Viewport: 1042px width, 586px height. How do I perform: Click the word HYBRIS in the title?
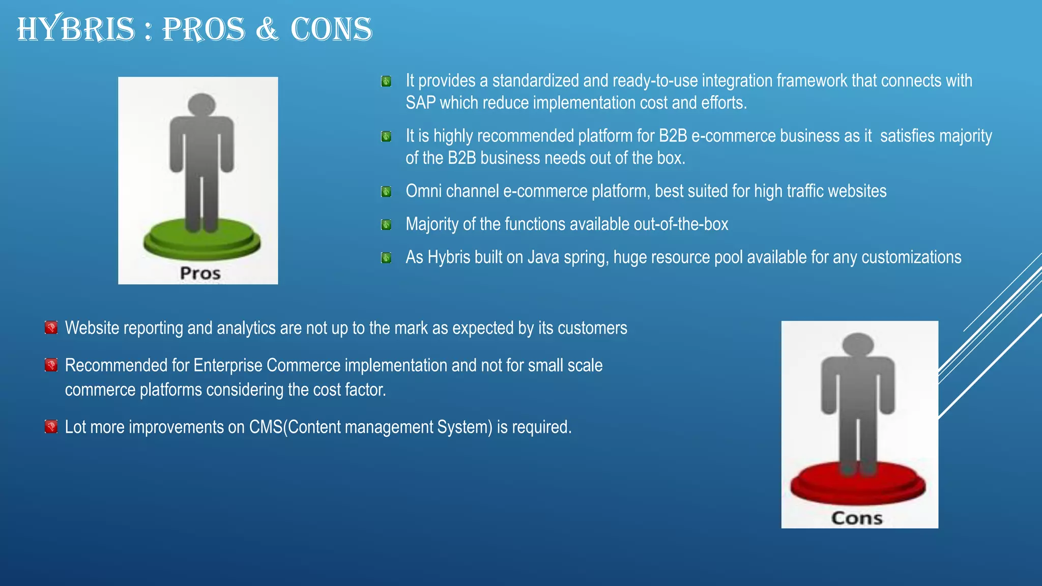(x=76, y=29)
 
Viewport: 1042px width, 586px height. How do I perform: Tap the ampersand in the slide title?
(x=267, y=29)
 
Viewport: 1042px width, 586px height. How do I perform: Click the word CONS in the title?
(x=331, y=29)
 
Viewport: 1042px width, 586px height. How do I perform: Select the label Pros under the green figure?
(x=200, y=273)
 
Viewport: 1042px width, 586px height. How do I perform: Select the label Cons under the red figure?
(x=857, y=518)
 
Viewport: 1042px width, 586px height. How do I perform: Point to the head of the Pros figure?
(x=202, y=104)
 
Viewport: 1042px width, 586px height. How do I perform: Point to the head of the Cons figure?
(x=858, y=344)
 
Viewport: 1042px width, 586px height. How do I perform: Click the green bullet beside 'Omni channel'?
(x=386, y=192)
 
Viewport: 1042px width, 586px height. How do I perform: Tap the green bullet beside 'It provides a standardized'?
(x=386, y=81)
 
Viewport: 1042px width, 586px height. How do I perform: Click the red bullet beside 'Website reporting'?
(x=51, y=328)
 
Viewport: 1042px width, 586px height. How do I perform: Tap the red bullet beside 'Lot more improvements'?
(x=51, y=426)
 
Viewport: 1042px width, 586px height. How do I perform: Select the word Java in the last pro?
(x=543, y=257)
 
